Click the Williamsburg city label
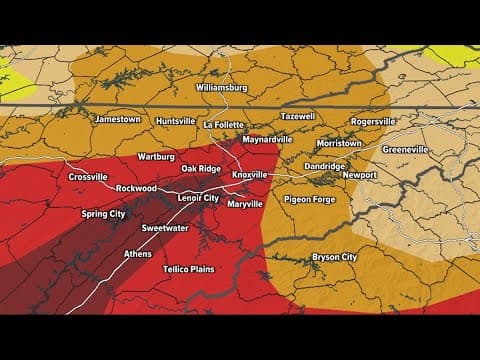(x=221, y=87)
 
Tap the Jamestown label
(x=118, y=119)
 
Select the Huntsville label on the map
(x=176, y=121)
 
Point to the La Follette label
(x=225, y=125)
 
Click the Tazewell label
(x=297, y=116)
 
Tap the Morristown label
(x=340, y=143)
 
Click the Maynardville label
(x=267, y=139)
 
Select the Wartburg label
(x=157, y=156)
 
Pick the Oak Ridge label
(x=201, y=168)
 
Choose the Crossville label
(x=89, y=177)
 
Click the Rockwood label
(x=136, y=188)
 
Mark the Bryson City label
(x=335, y=257)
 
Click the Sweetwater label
(x=165, y=228)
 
